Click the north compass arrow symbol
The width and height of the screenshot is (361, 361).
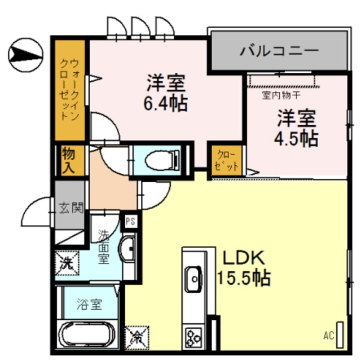pos(25,55)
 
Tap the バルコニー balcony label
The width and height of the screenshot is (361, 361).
pos(280,50)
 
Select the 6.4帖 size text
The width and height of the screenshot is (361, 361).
pos(166,103)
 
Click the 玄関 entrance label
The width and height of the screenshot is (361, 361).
pos(72,207)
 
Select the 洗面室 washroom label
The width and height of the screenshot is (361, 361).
pos(104,246)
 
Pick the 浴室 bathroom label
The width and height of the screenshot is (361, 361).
pos(89,304)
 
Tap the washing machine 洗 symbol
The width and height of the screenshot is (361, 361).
pos(67,261)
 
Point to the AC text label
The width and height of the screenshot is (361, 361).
pos(328,337)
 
